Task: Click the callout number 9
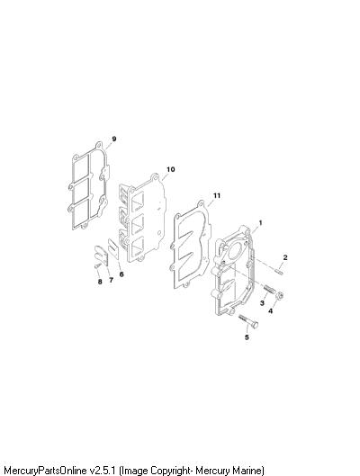pyautogui.click(x=114, y=139)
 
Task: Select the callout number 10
pyautogui.click(x=171, y=169)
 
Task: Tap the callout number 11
pyautogui.click(x=216, y=195)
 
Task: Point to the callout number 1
pyautogui.click(x=260, y=223)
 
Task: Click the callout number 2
pyautogui.click(x=285, y=257)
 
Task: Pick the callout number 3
pyautogui.click(x=262, y=302)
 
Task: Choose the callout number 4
pyautogui.click(x=270, y=310)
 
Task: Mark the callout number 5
pyautogui.click(x=247, y=337)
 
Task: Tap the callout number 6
pyautogui.click(x=121, y=274)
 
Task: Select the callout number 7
pyautogui.click(x=111, y=280)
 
